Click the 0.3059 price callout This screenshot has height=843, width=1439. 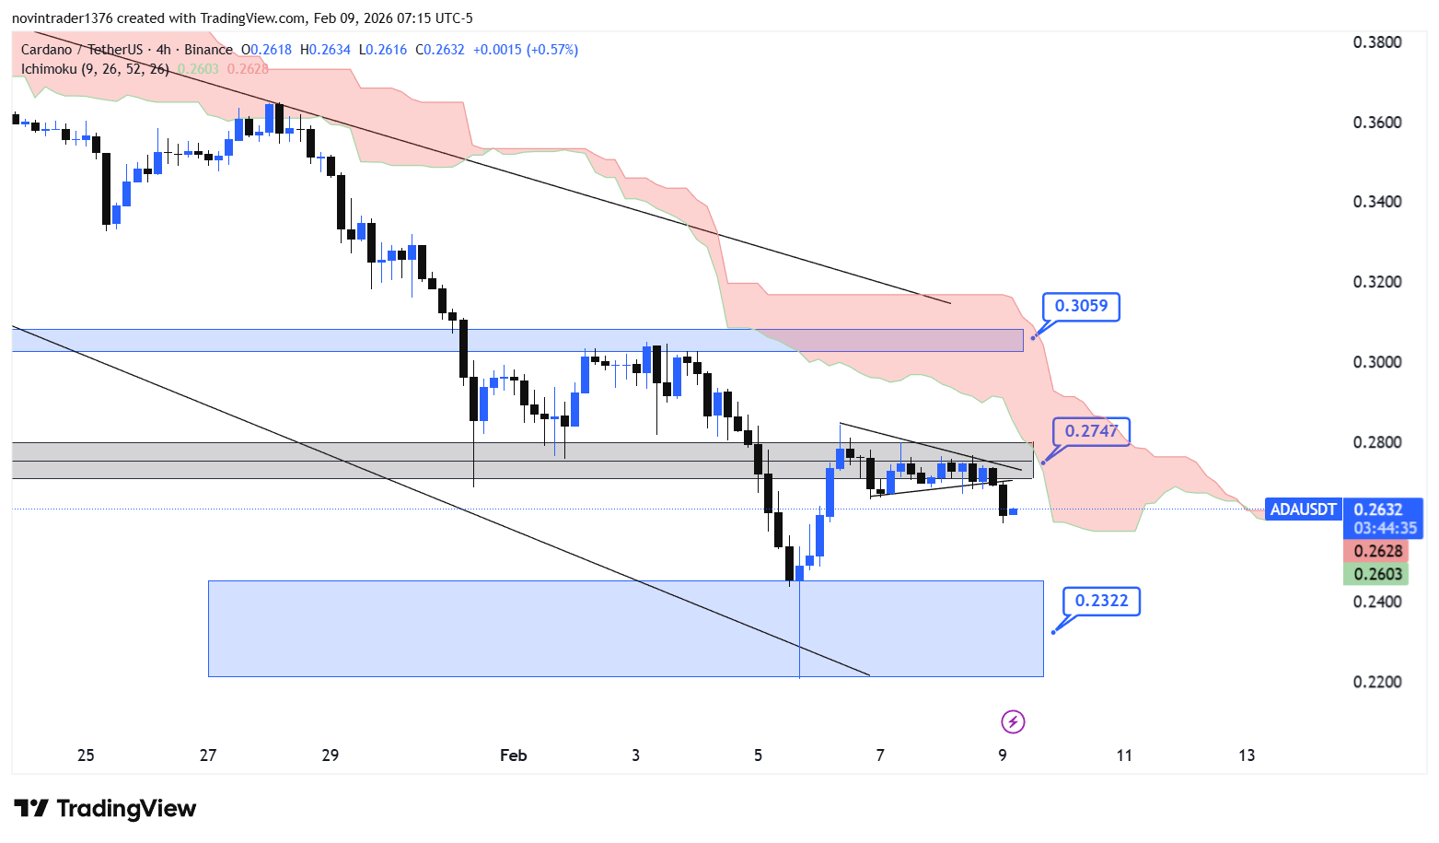click(x=1081, y=306)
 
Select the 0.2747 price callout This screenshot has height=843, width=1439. click(x=1091, y=431)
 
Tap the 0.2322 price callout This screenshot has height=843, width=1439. click(x=1101, y=601)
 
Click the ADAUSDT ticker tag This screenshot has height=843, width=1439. click(x=1303, y=509)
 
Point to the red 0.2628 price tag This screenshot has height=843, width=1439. click(x=1377, y=551)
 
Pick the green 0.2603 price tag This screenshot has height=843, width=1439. click(x=1377, y=574)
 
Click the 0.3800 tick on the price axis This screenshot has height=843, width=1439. click(x=1377, y=42)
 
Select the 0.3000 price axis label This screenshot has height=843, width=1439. click(x=1377, y=362)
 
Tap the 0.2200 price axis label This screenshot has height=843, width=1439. click(x=1377, y=682)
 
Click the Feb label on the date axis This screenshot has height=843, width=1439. click(x=513, y=755)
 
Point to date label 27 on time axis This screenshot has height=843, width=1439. click(x=208, y=755)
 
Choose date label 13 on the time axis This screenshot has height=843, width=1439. click(x=1247, y=755)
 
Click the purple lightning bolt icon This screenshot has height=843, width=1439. click(x=1013, y=721)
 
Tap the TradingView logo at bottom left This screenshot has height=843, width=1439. click(x=105, y=809)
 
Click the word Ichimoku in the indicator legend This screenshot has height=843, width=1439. click(x=49, y=69)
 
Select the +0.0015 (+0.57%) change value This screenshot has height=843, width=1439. click(x=526, y=50)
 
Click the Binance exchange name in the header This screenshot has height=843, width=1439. click(x=208, y=50)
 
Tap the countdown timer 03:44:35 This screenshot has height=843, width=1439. click(x=1385, y=529)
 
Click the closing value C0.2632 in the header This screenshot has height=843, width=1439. click(x=440, y=50)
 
